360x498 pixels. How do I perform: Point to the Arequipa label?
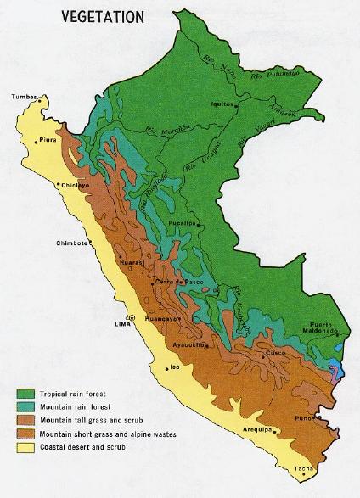(x=254, y=430)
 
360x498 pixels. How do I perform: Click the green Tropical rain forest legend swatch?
(x=26, y=394)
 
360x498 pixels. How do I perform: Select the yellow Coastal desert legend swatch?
(x=26, y=445)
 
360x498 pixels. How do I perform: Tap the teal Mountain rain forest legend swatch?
(x=26, y=406)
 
